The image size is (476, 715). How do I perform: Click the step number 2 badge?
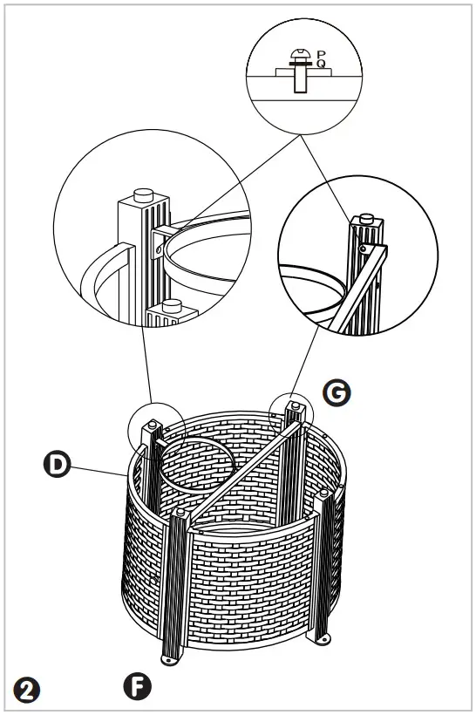point(27,691)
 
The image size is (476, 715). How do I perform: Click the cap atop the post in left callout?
point(143,194)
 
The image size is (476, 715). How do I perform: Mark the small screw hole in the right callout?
point(362,246)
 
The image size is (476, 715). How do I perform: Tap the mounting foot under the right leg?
point(326,639)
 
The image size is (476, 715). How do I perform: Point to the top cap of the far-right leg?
point(324,494)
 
